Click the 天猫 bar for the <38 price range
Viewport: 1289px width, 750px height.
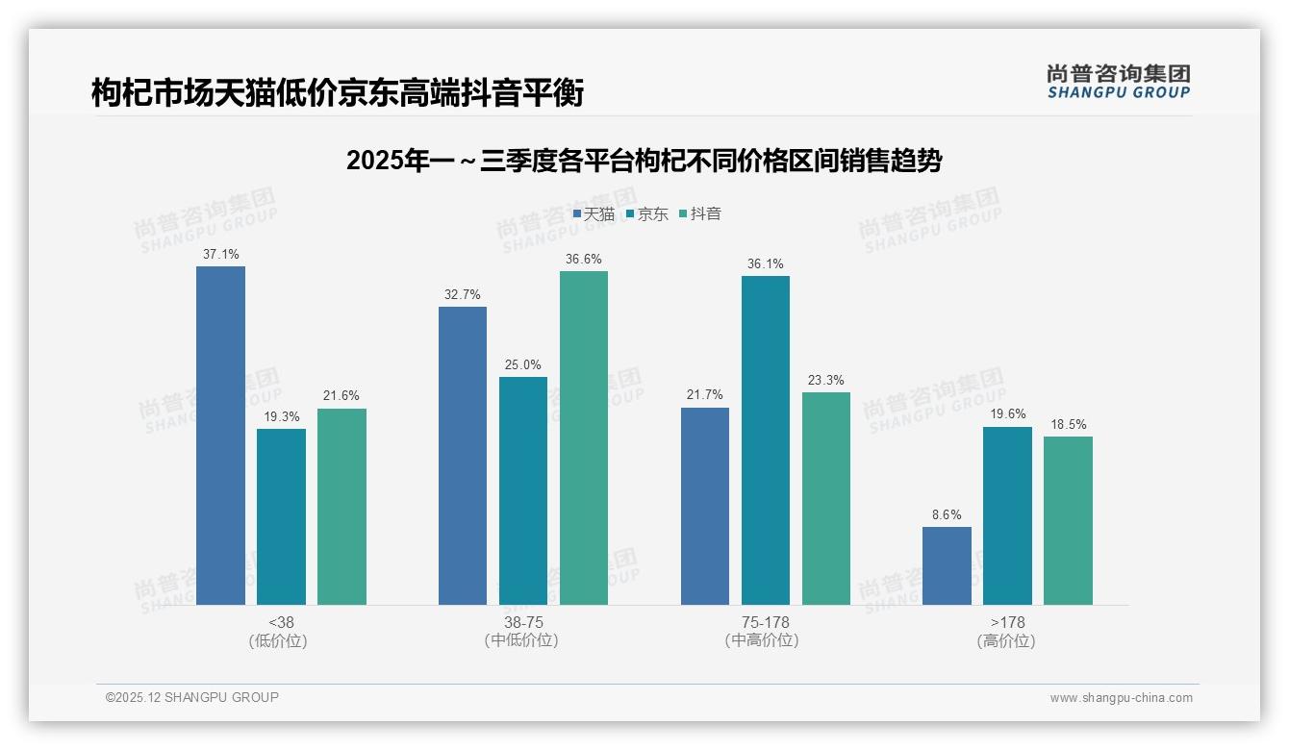point(220,436)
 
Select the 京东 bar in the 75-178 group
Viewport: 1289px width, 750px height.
point(765,440)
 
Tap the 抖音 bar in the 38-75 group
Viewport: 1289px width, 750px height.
point(584,437)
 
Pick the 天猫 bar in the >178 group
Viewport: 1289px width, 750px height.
point(947,565)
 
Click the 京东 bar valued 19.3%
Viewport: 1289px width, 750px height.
point(281,516)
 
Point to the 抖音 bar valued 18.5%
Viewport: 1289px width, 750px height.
point(1068,520)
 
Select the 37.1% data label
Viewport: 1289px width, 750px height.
point(220,255)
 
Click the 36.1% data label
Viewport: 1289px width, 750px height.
point(765,264)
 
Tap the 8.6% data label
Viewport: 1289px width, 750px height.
point(947,515)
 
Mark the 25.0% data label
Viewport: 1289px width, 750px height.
point(523,365)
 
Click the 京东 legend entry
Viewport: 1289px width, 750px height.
point(647,214)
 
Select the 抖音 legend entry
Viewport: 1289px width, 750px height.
point(700,214)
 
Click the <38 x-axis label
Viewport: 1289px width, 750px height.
point(281,622)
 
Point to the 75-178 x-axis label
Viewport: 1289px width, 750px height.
point(765,622)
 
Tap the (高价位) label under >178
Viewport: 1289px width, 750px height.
point(1006,641)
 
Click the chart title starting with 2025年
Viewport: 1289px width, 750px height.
point(644,161)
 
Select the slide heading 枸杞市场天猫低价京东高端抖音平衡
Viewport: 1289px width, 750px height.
point(338,93)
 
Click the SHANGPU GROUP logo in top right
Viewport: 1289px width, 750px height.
point(1118,82)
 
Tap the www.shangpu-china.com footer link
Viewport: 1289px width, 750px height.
point(1121,698)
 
